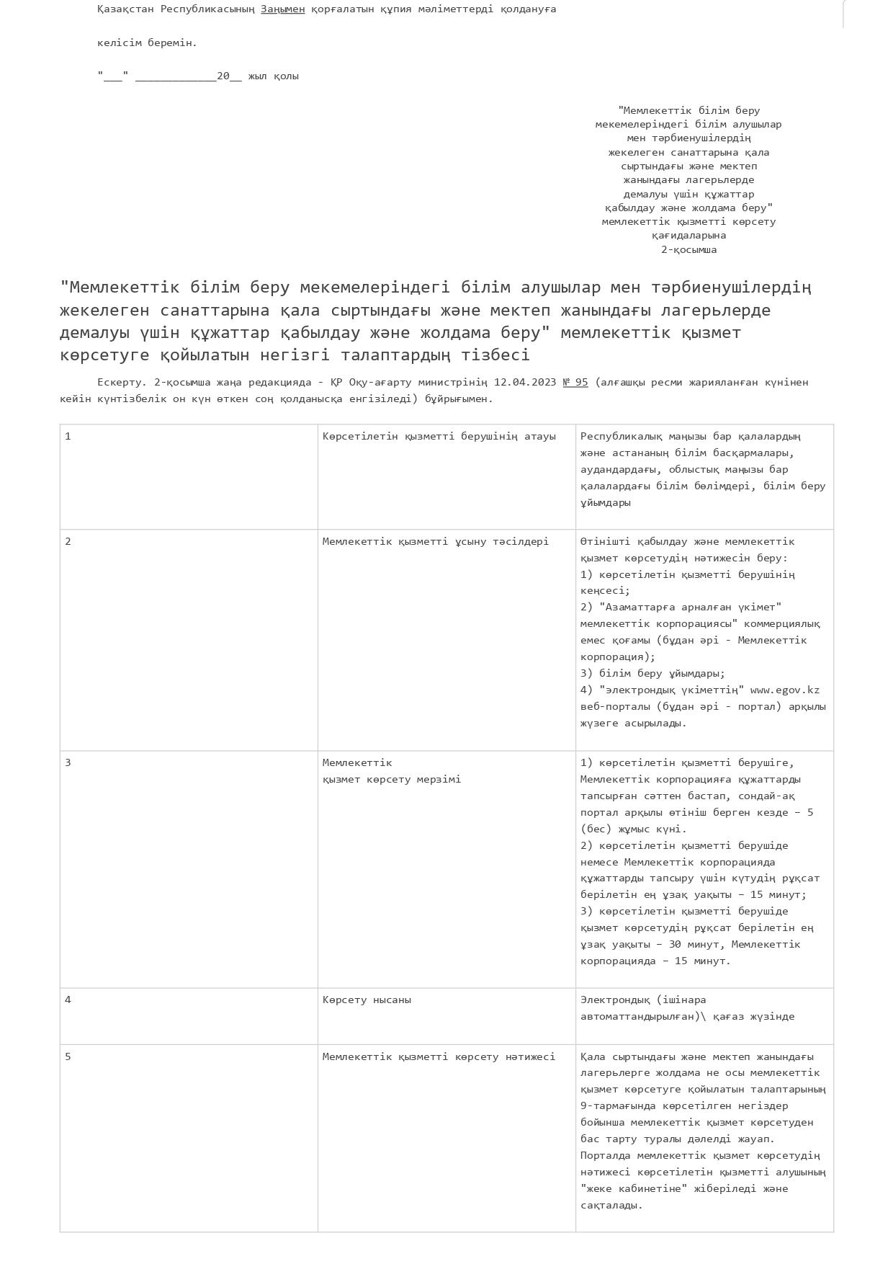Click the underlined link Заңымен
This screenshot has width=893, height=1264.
[x=282, y=9]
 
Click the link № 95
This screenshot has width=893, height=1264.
[x=575, y=382]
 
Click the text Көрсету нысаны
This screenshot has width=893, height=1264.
[x=367, y=1000]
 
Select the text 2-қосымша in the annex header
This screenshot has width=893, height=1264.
[x=688, y=249]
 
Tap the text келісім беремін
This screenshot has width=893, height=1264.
[x=147, y=43]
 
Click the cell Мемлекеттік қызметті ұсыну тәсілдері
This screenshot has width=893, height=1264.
[x=435, y=541]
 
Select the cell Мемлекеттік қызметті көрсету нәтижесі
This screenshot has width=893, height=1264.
[x=439, y=1056]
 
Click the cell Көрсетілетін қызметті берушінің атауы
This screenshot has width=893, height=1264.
[x=439, y=436]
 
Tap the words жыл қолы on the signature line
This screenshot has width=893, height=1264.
[x=273, y=76]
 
